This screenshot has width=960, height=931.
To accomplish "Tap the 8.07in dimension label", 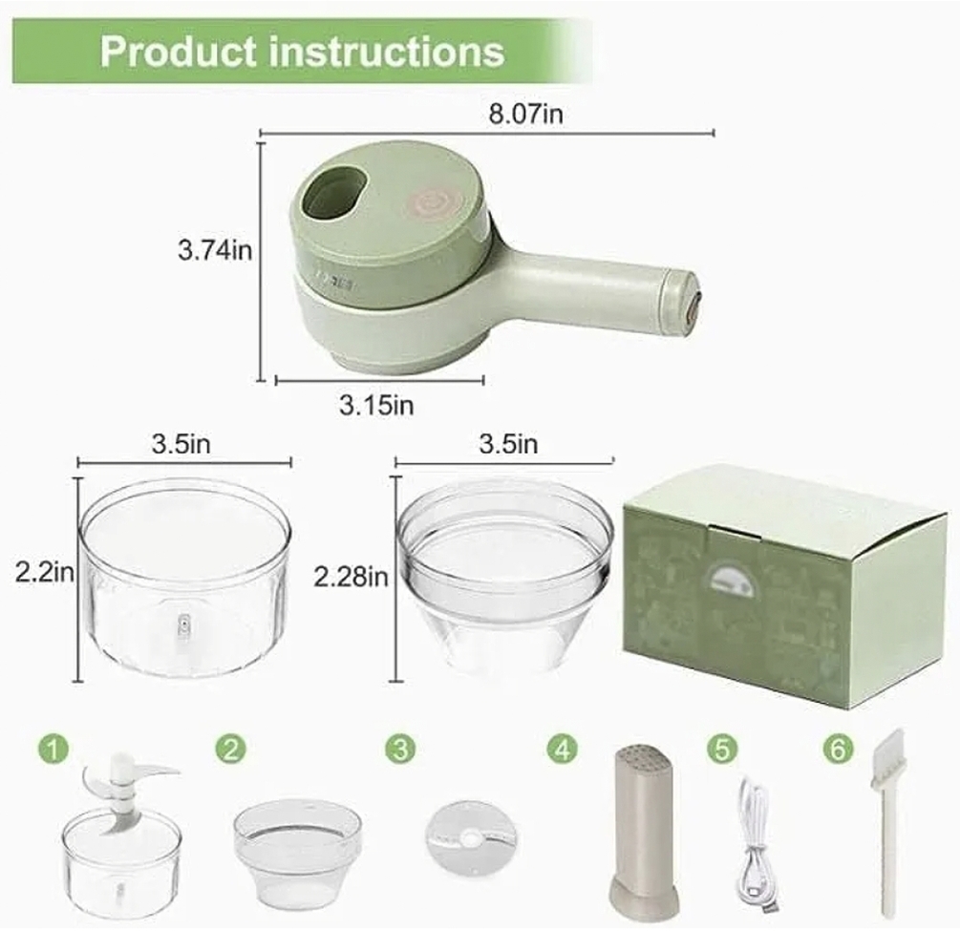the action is tap(525, 114).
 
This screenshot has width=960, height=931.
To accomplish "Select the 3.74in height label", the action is tap(215, 250).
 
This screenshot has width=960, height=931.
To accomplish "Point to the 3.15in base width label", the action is tap(376, 405).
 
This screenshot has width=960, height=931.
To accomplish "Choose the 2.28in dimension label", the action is tap(351, 577).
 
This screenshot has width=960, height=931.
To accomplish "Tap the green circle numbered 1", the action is tap(53, 749).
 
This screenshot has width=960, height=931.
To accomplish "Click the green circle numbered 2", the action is tap(231, 748).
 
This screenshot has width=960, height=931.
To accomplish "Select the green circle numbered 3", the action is tap(400, 749).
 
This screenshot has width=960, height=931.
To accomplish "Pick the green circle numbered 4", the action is tap(562, 748).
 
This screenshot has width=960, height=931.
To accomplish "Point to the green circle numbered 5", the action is tap(722, 748).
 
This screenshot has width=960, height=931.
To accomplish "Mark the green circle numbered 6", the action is tap(838, 749).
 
